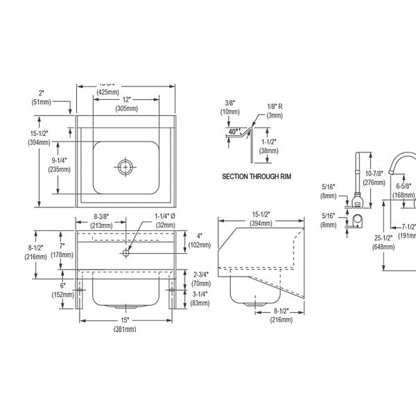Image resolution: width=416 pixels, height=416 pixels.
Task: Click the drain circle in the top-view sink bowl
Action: coord(125,166)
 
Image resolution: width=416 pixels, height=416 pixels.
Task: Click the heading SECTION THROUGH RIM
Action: coord(257,177)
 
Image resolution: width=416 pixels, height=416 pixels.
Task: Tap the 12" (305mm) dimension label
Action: coord(125,104)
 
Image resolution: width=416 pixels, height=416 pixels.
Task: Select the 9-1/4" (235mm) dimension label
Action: coord(59,164)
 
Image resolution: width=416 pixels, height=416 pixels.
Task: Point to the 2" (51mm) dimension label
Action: coord(41,97)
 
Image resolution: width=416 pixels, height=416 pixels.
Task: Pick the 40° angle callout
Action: coord(233,130)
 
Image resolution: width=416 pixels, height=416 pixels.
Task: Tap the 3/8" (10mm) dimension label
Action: coord(229,107)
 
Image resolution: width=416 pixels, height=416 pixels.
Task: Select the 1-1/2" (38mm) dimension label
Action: coord(269,146)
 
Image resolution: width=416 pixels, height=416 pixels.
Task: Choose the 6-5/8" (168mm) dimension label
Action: coord(404,191)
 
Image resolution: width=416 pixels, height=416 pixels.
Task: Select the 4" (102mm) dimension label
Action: coord(198,240)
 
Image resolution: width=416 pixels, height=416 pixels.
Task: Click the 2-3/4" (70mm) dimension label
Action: coord(201,279)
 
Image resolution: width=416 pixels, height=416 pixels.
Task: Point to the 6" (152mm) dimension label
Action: coord(62,290)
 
